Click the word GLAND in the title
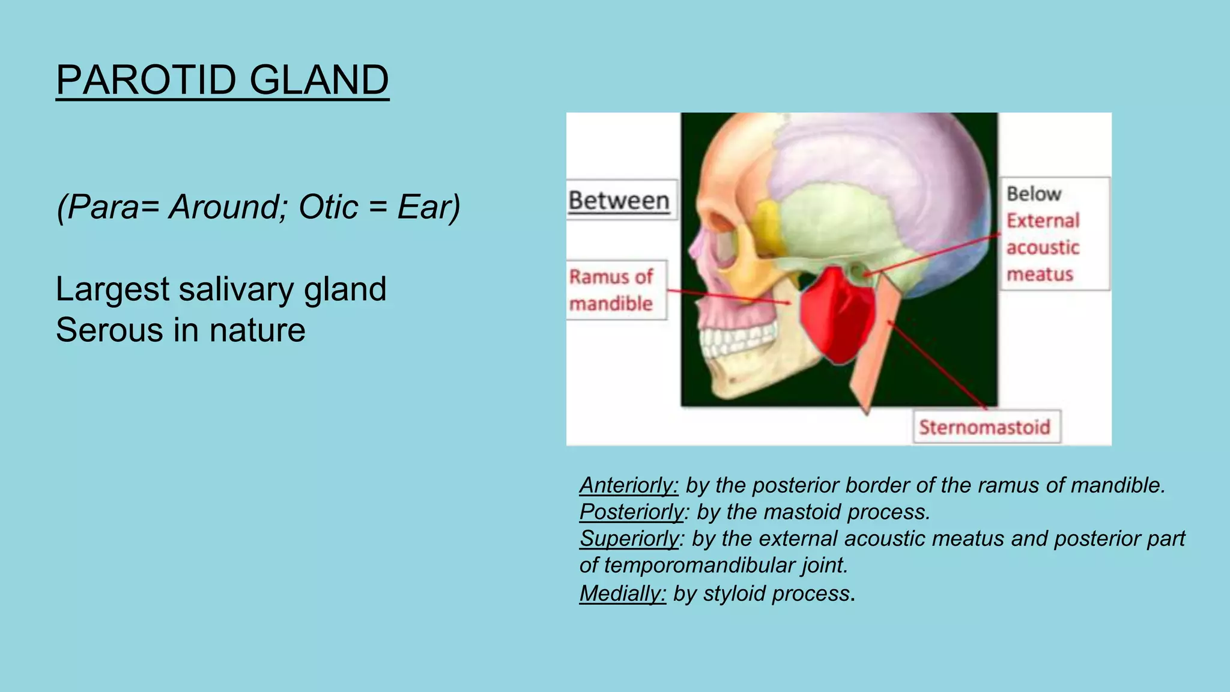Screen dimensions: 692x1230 point(319,80)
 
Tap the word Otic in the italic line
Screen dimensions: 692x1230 point(328,207)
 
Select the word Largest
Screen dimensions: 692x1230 point(112,289)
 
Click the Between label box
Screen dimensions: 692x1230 point(619,200)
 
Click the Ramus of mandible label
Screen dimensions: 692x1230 point(612,290)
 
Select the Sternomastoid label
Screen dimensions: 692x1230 point(985,427)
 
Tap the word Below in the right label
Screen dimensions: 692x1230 point(1034,194)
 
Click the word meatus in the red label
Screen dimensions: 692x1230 point(1040,275)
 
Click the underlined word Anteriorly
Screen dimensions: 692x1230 point(628,485)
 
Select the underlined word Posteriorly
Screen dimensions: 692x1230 point(631,512)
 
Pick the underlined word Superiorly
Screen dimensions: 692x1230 point(629,539)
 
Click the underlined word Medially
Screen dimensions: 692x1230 point(622,593)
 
